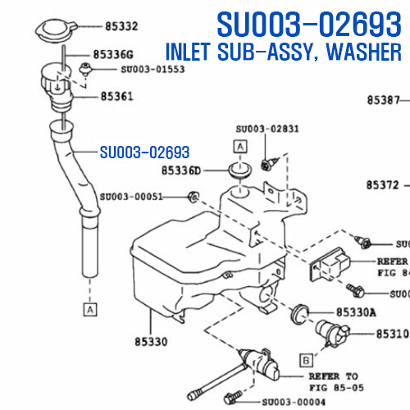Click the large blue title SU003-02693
[309, 24]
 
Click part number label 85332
[121, 26]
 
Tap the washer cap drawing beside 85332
[56, 30]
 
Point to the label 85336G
[113, 54]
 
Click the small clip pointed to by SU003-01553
[85, 69]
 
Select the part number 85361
[117, 96]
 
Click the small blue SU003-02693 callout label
[144, 153]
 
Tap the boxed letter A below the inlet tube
[90, 309]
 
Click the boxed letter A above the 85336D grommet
[240, 147]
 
